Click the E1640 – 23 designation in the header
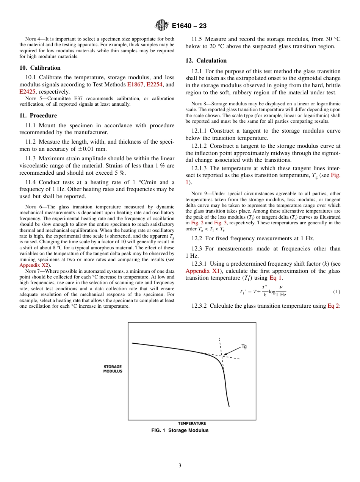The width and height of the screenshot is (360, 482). click(x=189, y=26)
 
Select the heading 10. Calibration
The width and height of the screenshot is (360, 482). click(x=40, y=68)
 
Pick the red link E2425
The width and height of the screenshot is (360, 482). click(x=28, y=92)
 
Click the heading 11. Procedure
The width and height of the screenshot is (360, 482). click(x=38, y=116)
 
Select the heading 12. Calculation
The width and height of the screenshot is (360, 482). click(x=206, y=61)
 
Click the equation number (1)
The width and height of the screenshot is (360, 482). click(x=337, y=291)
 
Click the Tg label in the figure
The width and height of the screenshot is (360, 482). click(x=244, y=346)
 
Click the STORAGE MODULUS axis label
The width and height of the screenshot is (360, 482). click(x=113, y=369)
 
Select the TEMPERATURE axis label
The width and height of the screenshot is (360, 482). click(x=192, y=423)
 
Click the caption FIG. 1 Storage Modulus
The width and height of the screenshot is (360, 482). click(x=180, y=430)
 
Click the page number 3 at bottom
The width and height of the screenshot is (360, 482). click(x=180, y=466)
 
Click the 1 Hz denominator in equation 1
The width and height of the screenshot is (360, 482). click(x=281, y=294)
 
